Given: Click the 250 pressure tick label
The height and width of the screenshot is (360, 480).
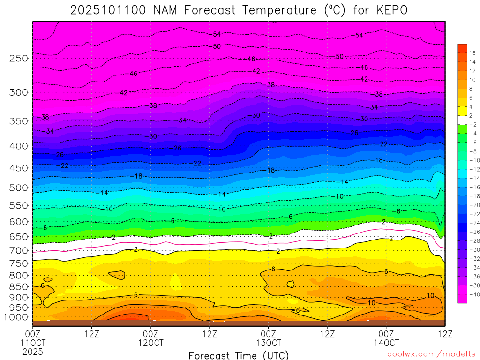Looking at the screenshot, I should tap(19, 59).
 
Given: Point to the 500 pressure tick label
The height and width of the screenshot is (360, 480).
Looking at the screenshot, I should tap(19, 188).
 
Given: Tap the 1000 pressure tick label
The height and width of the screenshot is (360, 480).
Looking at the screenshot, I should tap(17, 317).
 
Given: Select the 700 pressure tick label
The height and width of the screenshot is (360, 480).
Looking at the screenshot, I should tap(19, 250).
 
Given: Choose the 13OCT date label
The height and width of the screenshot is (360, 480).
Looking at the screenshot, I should tap(268, 343).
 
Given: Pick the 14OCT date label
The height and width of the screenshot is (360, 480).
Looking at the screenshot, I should tap(386, 343).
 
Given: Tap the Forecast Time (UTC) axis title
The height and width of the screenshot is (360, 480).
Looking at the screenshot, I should tap(239, 355).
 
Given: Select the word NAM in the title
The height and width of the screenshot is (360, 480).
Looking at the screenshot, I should tap(164, 10).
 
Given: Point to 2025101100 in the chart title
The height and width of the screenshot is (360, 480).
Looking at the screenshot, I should tap(108, 10).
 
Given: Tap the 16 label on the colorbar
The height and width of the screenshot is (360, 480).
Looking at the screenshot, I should tap(472, 52).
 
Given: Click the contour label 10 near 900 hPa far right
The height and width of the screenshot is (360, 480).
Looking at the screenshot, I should tap(431, 296).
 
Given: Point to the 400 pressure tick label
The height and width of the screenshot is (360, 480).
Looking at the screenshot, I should tap(19, 146).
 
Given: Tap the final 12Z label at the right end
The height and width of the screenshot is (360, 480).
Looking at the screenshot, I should tap(444, 334).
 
